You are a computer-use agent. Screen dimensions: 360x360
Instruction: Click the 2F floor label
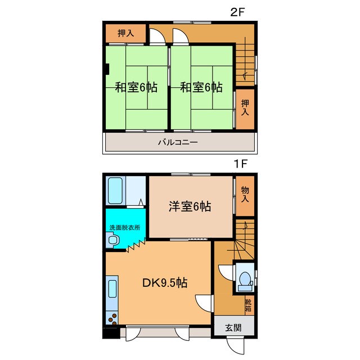point(237,12)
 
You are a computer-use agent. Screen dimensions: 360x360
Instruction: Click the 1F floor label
point(240,164)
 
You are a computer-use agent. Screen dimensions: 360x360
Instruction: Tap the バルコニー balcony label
point(178,142)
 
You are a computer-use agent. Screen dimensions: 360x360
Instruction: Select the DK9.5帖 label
point(165,283)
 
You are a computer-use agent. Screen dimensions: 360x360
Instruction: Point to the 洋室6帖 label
point(190,206)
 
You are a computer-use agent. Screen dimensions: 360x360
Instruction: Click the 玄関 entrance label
point(233,327)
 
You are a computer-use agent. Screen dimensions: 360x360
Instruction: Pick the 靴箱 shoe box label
point(248,305)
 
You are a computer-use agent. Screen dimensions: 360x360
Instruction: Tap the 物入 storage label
point(245,194)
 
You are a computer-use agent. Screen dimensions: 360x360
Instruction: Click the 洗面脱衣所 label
point(125,227)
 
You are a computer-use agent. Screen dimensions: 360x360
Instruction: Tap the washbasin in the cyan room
point(113,240)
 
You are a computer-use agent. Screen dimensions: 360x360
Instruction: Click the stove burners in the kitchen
point(112,318)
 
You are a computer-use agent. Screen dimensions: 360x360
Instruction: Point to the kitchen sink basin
point(112,289)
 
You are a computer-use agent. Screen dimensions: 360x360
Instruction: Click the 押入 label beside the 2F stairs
point(245,107)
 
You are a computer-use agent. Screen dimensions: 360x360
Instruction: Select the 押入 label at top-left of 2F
point(125,33)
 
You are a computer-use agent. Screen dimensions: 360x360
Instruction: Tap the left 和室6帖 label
point(136,88)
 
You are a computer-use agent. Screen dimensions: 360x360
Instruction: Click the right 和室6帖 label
point(201,88)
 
